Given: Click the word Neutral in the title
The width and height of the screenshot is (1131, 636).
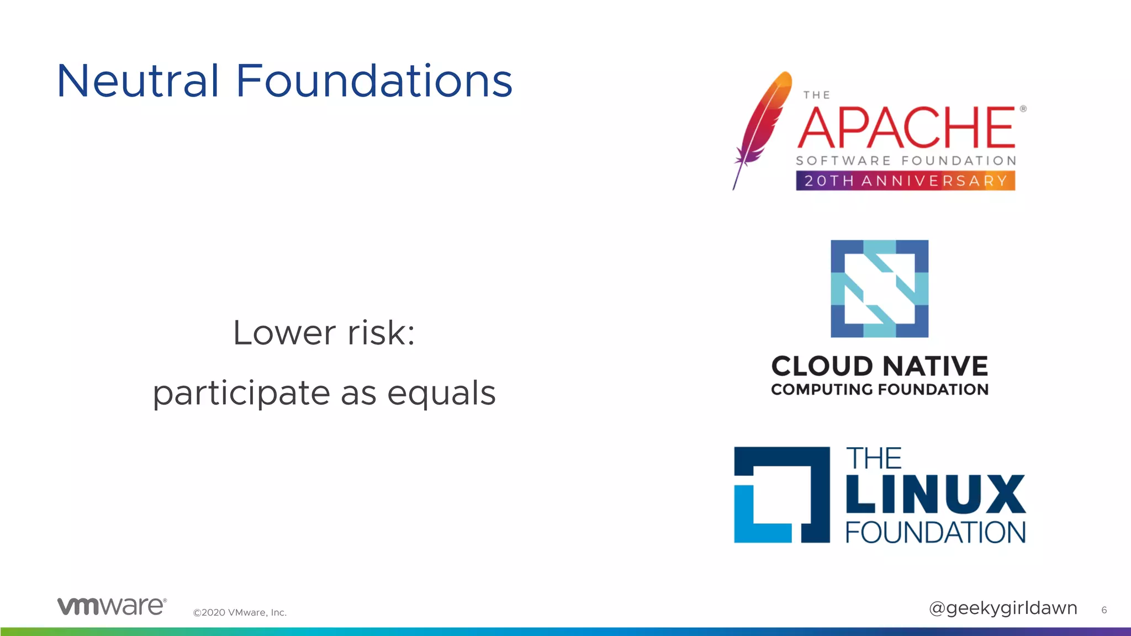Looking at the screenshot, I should point(138,81).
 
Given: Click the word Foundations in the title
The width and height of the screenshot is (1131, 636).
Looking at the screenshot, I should point(374,81).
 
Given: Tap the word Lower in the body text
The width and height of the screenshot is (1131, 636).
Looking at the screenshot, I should point(284,333).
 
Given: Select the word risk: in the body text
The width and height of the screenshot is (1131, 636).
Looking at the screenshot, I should point(381,333).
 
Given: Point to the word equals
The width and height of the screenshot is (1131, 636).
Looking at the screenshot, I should point(441,394).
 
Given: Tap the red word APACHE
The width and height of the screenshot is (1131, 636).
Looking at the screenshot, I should point(906,128).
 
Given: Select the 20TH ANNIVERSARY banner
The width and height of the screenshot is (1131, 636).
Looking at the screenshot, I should point(905,181).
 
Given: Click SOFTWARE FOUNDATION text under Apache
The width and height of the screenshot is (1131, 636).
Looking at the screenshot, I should point(906,161).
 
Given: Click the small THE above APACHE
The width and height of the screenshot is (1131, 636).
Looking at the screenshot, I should point(816,95).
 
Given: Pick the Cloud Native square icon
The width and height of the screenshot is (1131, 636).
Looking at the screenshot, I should point(879,288).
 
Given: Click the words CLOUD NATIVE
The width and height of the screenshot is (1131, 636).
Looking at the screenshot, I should point(879,366).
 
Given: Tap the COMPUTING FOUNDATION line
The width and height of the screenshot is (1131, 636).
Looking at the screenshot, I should point(879,389).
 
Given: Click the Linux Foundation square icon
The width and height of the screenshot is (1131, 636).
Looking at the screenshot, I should point(781,495).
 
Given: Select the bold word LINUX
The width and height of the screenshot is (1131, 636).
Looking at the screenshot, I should point(935,494).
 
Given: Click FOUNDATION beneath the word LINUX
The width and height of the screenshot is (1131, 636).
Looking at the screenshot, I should point(935,532).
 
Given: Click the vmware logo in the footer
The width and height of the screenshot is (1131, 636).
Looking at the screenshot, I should point(112,606).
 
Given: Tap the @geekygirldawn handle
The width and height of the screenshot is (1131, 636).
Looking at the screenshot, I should point(1002,608).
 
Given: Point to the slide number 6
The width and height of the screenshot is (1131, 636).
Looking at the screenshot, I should point(1104,610).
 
